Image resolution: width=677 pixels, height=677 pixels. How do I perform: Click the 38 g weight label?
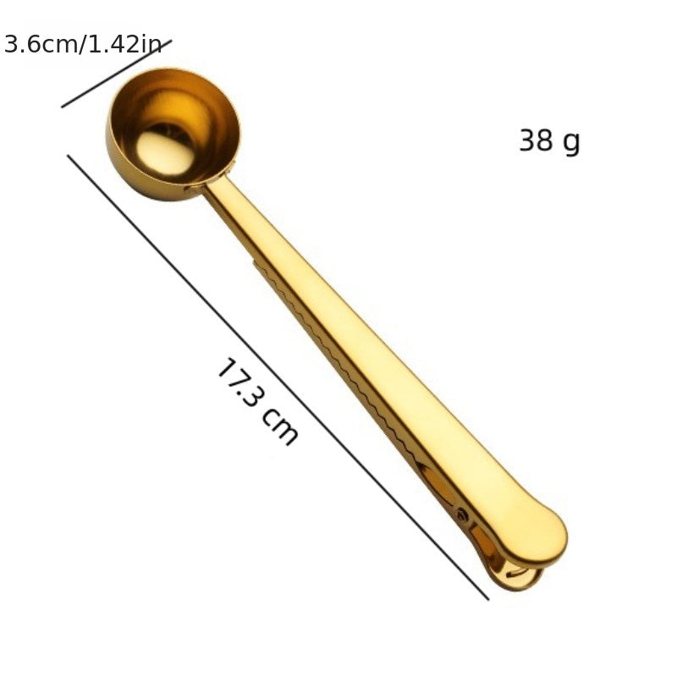(x=549, y=141)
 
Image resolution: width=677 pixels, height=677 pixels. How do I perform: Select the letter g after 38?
(x=572, y=143)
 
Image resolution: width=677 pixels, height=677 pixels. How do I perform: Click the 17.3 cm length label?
(x=257, y=401)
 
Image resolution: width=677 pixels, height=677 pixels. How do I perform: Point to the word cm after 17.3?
(x=280, y=426)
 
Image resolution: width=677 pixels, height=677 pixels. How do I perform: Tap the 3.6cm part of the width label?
(x=40, y=44)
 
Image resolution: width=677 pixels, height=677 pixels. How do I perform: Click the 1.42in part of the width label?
(x=125, y=44)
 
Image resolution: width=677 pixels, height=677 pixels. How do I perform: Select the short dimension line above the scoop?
(x=116, y=74)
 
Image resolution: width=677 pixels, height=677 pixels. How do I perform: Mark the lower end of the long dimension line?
(x=487, y=598)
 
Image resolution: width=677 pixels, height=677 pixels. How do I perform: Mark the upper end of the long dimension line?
(x=69, y=157)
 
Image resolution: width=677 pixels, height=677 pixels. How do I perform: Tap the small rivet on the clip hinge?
(x=462, y=513)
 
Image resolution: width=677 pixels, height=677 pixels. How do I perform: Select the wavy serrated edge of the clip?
(x=338, y=364)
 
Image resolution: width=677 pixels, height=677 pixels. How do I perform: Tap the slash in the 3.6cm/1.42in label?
(x=84, y=44)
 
